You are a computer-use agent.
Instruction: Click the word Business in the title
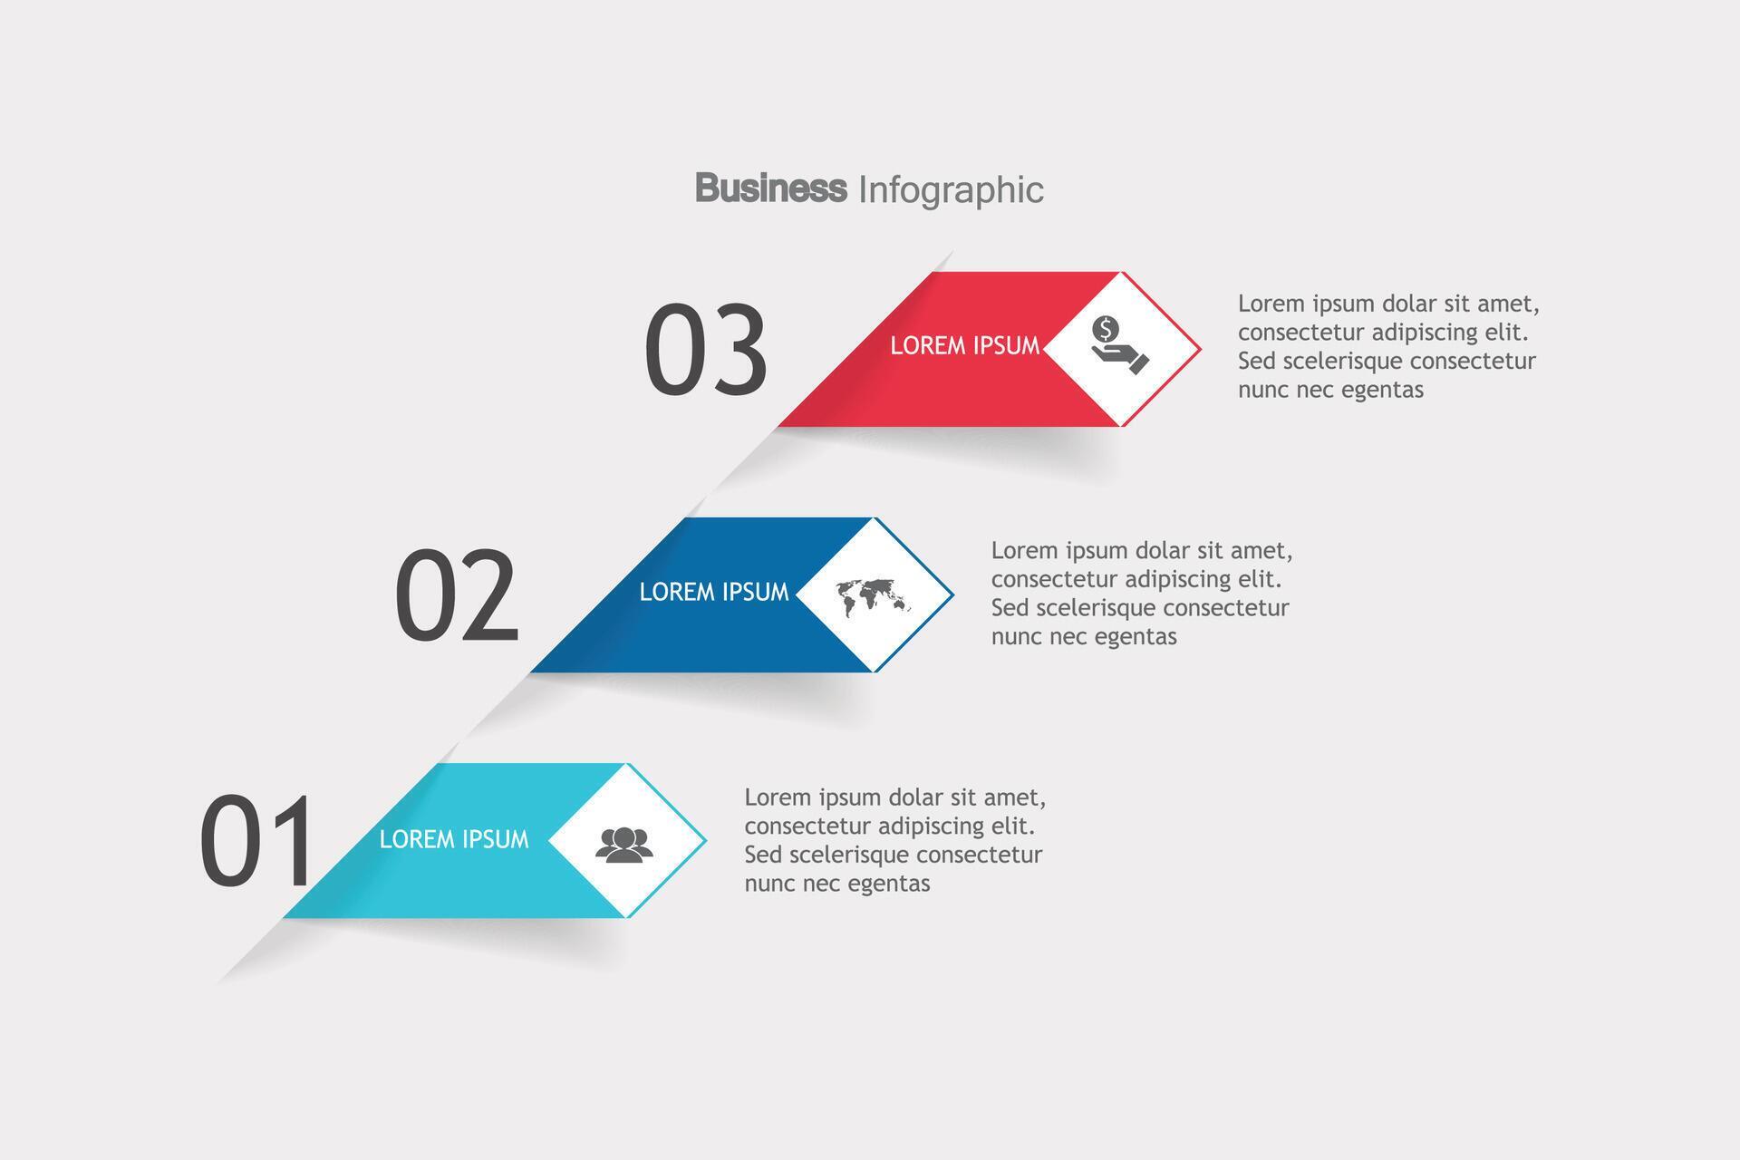coord(770,188)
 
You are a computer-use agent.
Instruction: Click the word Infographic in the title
coord(950,190)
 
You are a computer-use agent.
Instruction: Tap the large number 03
coord(706,350)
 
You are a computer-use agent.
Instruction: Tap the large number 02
coord(457,596)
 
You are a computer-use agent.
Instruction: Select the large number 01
coord(257,840)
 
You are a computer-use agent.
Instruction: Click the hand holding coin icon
coord(1120,346)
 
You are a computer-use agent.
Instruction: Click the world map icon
coord(873,595)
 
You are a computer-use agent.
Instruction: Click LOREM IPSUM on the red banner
coord(964,345)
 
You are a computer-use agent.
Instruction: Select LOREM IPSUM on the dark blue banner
coord(714,592)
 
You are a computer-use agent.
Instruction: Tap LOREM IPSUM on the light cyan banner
coord(453,839)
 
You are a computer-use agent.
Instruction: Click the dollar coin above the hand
coord(1105,328)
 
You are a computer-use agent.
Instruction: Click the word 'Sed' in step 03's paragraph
coord(1257,361)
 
